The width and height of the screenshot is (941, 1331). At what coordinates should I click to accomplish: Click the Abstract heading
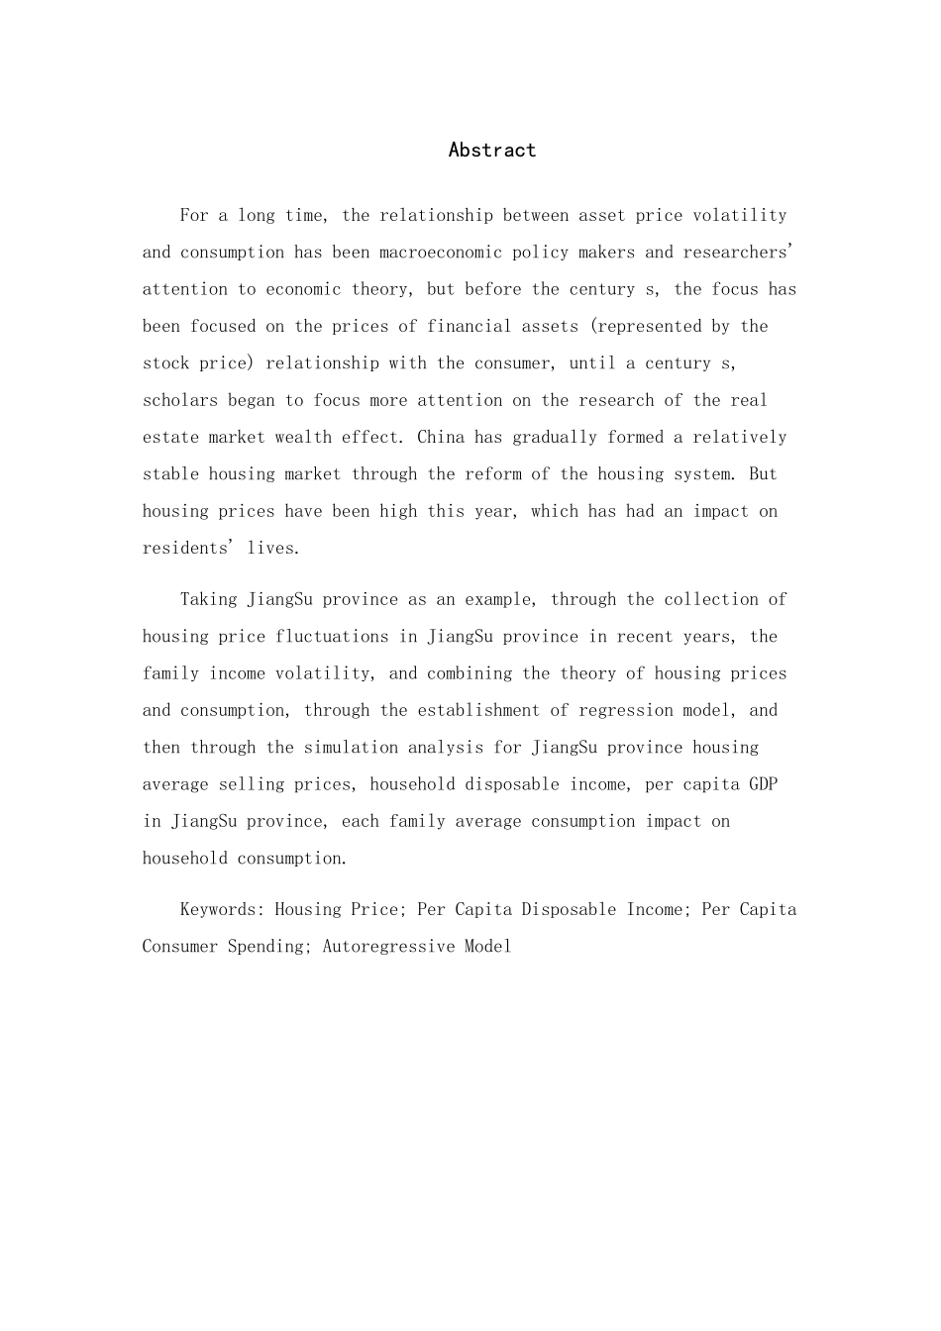491,151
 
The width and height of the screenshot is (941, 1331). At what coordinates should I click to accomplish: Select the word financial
465,327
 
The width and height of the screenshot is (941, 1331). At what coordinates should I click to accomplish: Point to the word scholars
180,400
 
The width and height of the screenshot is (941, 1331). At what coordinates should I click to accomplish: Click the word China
441,438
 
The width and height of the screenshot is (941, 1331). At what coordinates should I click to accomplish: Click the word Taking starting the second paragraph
208,600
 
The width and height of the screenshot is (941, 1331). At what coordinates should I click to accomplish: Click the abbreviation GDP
764,784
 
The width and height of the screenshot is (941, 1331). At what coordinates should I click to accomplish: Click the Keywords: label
223,910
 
